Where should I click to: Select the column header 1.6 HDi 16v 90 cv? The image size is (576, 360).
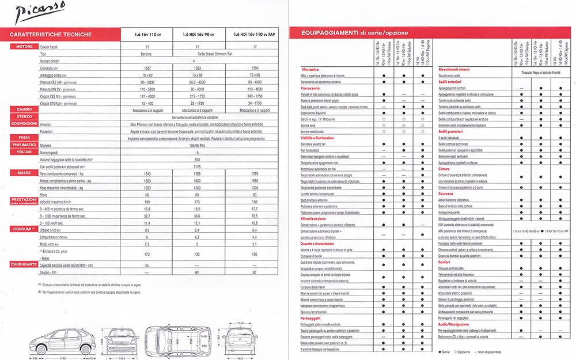pos(198,35)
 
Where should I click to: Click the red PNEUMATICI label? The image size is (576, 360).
pos(24,146)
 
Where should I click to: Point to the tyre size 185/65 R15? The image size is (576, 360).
pos(198,146)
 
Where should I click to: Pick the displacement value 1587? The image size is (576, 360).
pos(148,67)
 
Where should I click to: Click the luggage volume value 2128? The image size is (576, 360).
pos(198,166)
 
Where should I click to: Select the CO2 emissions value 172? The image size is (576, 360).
pos(148,253)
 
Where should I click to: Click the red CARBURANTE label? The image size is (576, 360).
pos(24,264)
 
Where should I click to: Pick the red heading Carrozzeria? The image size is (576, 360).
pos(311,88)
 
